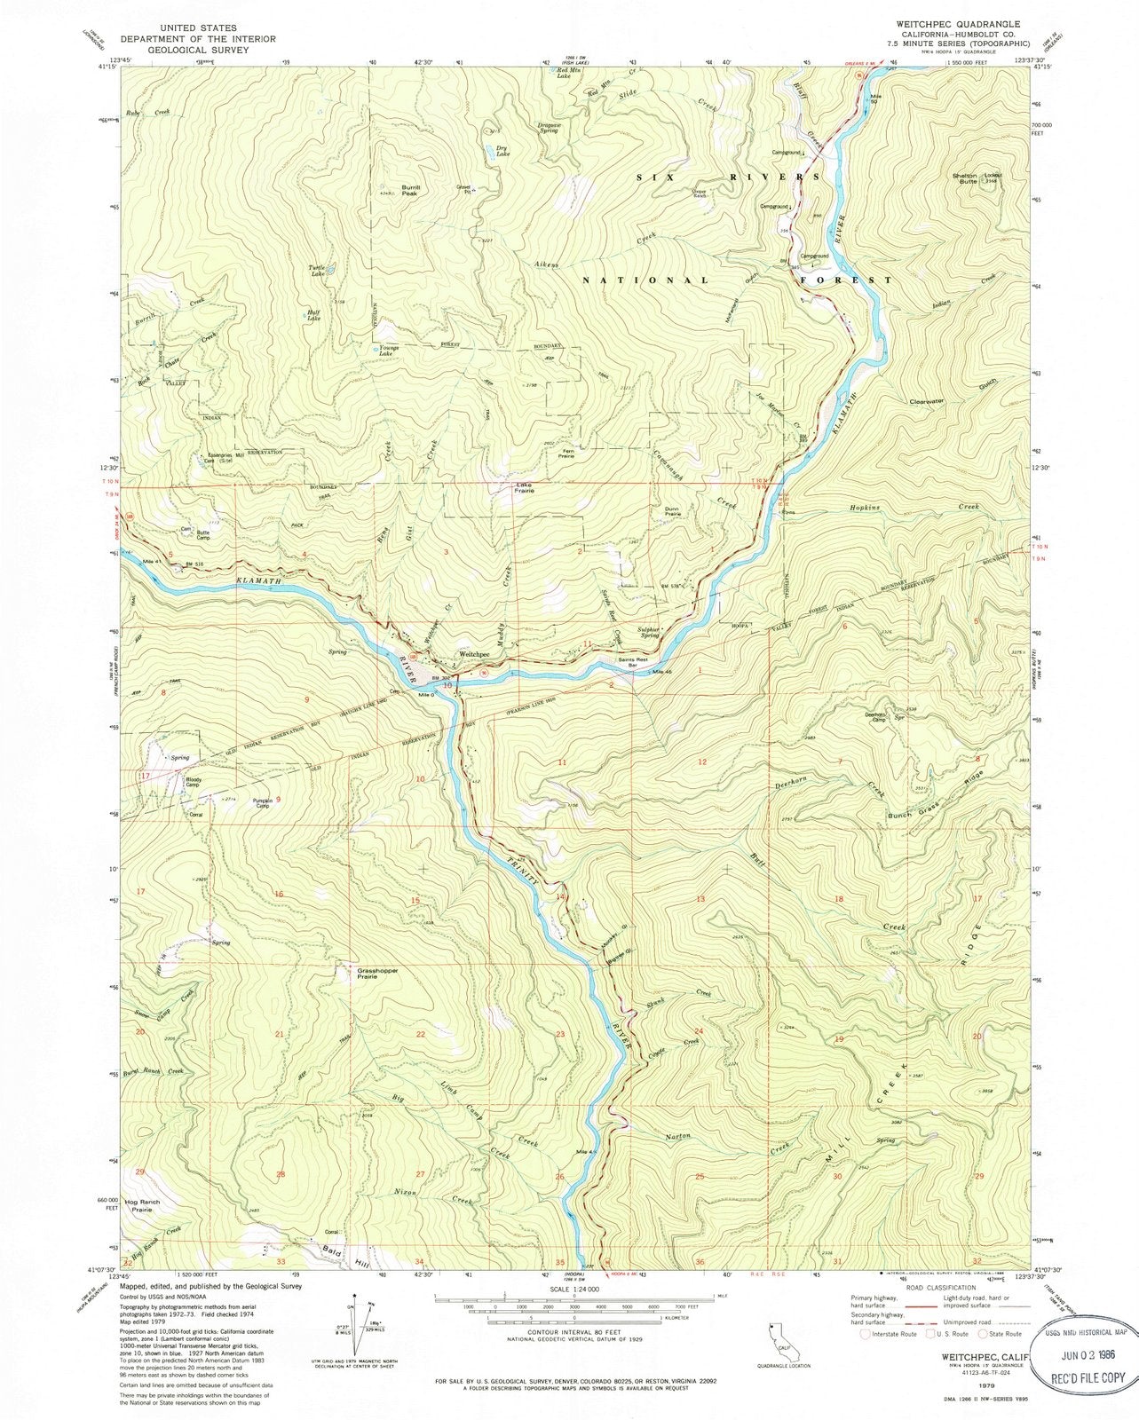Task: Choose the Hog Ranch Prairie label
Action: click(x=142, y=1205)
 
